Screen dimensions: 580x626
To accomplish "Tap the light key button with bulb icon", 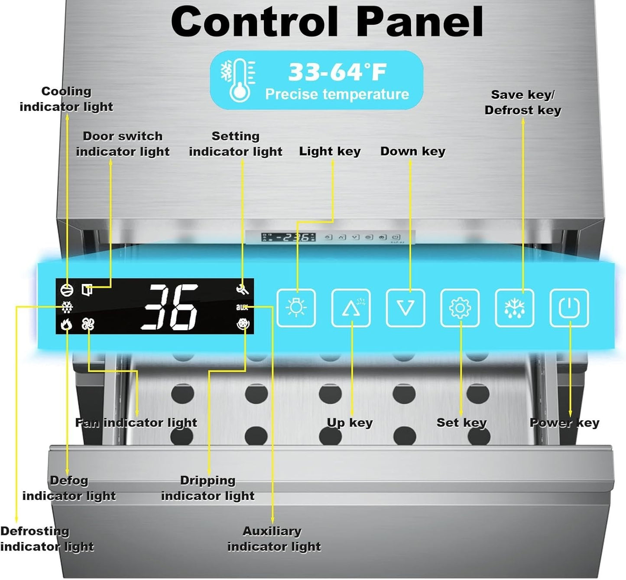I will (296, 308).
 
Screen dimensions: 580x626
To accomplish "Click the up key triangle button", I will (351, 308).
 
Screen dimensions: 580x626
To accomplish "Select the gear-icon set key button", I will (460, 308).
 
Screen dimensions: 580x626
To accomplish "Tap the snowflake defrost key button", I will (514, 308).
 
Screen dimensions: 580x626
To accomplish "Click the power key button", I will (569, 308).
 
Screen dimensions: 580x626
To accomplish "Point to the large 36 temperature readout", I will (170, 307).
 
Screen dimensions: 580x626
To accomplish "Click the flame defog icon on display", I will (66, 324).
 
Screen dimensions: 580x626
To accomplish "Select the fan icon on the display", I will (88, 324).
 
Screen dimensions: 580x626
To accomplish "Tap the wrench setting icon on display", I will (242, 290).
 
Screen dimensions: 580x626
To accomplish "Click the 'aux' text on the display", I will (242, 307).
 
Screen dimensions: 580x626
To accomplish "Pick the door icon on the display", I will (87, 290).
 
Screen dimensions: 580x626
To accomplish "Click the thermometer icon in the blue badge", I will (239, 80).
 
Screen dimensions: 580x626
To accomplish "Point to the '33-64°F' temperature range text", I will (337, 72).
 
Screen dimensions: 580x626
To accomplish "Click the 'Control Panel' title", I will (327, 23).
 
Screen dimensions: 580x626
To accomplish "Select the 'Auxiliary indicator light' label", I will (274, 539).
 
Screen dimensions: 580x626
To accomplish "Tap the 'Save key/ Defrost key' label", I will (522, 103).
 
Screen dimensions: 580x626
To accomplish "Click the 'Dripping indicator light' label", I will (208, 488).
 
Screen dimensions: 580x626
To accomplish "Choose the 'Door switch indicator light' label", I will (123, 144).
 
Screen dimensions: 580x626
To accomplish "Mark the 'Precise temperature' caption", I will (337, 94).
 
